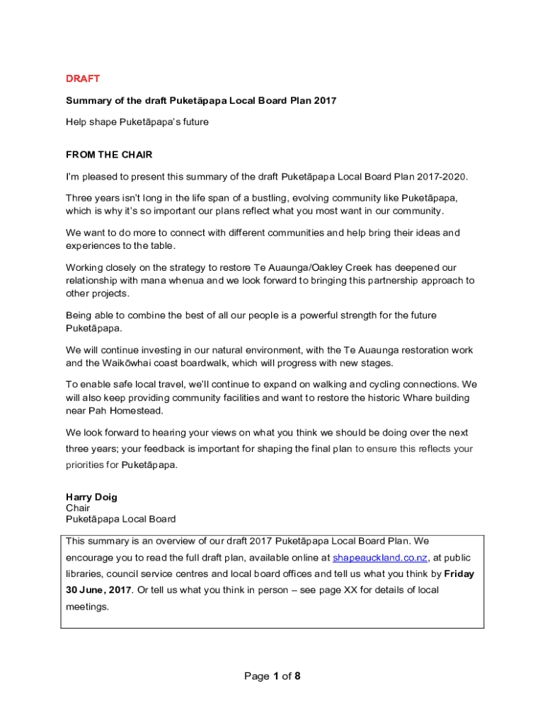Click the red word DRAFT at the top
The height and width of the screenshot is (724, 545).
coord(83,78)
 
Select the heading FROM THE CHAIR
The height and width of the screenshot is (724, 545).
coord(109,155)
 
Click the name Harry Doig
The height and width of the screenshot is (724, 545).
coord(91,497)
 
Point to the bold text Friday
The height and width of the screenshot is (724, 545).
coord(459,573)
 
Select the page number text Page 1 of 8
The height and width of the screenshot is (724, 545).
coord(272,677)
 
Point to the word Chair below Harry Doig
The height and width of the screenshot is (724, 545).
coord(78,508)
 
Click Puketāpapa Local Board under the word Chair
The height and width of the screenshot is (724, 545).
coord(121,519)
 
